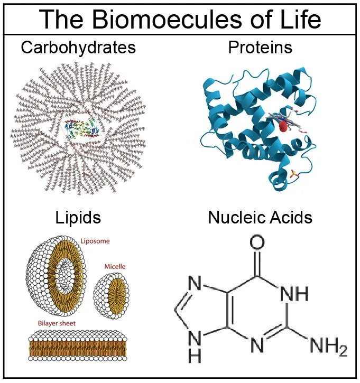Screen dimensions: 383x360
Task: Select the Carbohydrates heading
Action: coord(78,48)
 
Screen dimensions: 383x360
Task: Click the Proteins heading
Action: coord(260,48)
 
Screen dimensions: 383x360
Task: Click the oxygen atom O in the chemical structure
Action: coord(256,244)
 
